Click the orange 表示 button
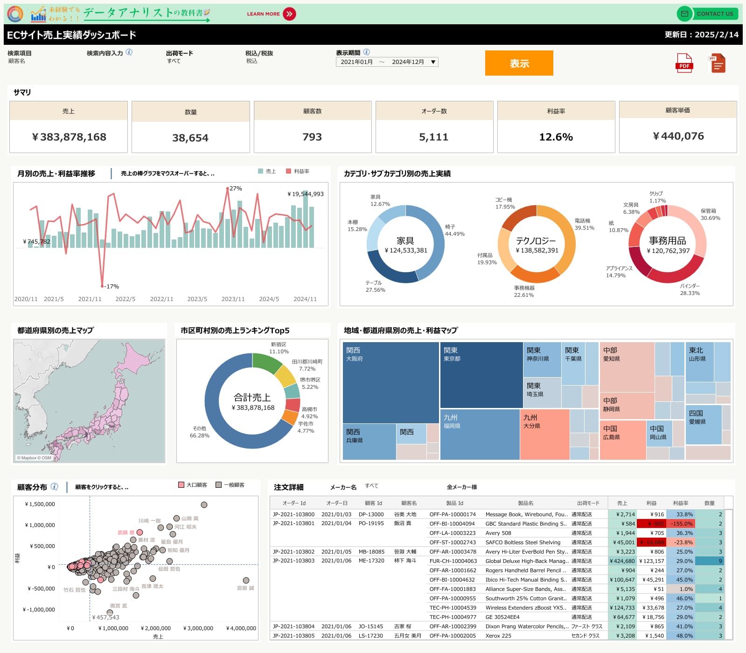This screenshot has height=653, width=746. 519,63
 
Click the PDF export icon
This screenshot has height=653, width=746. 684,63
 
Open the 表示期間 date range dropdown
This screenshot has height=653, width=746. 387,62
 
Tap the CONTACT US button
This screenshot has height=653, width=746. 707,14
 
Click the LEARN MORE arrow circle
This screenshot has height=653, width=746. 289,14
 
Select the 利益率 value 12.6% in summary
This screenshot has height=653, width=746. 556,137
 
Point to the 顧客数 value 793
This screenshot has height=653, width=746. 312,137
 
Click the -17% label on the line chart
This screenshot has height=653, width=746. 112,286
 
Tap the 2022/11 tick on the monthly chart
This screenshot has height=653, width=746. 161,299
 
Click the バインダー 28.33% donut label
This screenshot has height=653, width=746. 690,289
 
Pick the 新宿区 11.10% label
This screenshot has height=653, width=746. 279,348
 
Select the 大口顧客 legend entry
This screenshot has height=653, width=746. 193,485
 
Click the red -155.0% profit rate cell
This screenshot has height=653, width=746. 682,524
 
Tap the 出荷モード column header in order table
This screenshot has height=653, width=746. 588,503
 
